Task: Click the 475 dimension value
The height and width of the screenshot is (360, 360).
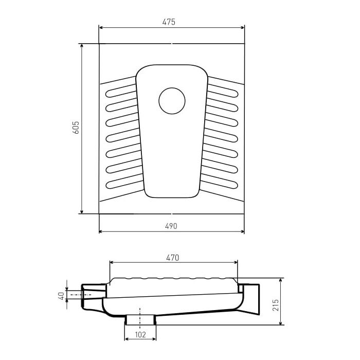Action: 169,22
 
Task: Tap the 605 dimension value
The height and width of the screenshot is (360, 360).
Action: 76,128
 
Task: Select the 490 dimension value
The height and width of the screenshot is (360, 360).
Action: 171,226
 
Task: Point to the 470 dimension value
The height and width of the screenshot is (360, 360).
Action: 172,258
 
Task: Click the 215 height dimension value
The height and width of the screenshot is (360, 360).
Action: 276,305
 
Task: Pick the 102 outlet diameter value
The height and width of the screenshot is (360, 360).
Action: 140,335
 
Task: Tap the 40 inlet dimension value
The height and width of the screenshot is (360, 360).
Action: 61,296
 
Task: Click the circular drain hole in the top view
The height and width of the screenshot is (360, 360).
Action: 172,101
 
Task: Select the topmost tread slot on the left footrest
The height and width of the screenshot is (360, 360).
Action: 121,91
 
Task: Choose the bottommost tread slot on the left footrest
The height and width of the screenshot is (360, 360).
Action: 124,182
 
